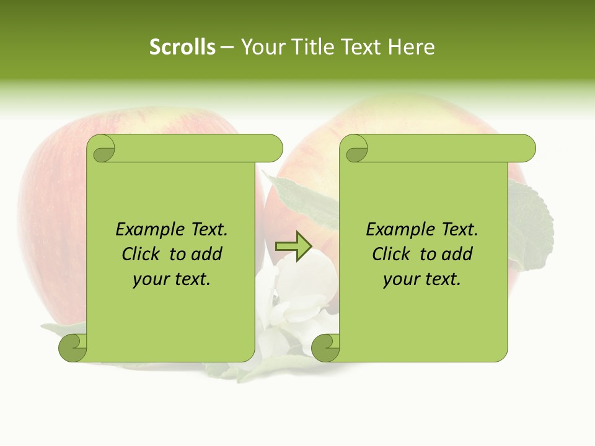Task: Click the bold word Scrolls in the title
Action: (183, 47)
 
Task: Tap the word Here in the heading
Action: (411, 47)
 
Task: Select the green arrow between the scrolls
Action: (293, 246)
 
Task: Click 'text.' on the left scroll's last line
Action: (191, 279)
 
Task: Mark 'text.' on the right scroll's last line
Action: (441, 279)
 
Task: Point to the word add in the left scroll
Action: (207, 255)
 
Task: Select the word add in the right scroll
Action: (457, 255)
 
